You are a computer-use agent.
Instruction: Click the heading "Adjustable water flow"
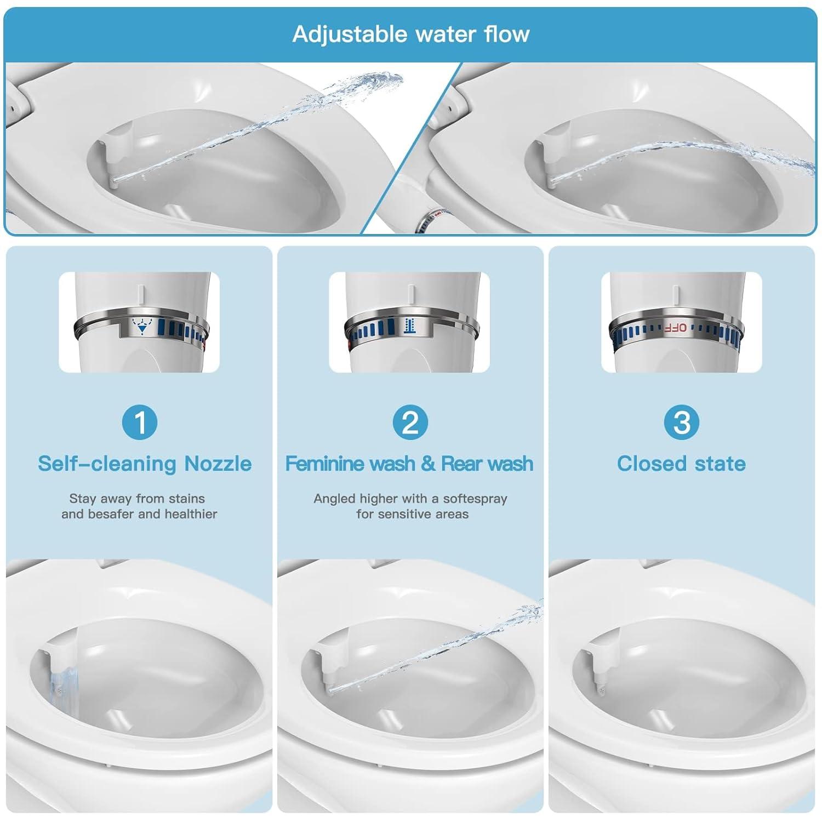pos(411,34)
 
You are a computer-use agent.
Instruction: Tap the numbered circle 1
pos(139,423)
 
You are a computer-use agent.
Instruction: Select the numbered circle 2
pos(410,423)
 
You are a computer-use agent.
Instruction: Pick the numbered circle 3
pos(681,423)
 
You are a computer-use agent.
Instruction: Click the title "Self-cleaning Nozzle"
pos(145,464)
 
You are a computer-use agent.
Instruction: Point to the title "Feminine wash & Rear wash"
pos(409,464)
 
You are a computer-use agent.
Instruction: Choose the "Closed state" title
pos(681,464)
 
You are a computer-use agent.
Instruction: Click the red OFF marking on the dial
pos(675,328)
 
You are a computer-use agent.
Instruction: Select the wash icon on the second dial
pos(408,326)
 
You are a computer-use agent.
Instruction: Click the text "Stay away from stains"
pos(137,499)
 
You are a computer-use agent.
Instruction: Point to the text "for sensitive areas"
pos(412,514)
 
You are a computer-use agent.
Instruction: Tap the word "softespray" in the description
pos(475,499)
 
